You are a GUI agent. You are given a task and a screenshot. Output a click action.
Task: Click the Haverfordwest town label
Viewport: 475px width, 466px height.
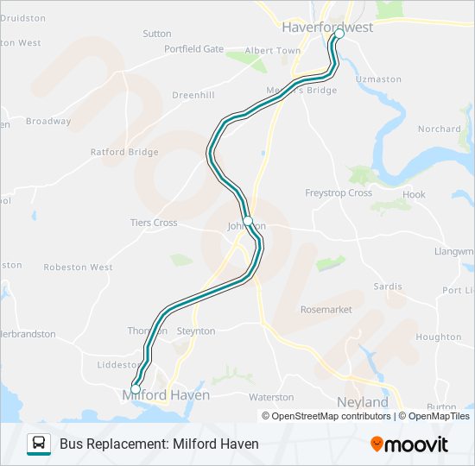click(327, 28)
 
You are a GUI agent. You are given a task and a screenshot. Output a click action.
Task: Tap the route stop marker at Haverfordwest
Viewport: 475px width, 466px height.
click(339, 35)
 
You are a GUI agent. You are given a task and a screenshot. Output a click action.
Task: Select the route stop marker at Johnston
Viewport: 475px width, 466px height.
click(248, 221)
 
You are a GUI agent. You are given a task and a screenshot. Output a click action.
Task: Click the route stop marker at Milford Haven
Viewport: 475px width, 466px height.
click(135, 389)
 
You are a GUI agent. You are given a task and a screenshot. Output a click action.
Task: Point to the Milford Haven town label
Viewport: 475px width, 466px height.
click(166, 395)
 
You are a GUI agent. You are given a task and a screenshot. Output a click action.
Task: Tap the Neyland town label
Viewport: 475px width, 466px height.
click(362, 402)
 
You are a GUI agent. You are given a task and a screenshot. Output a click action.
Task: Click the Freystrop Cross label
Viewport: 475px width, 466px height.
click(339, 193)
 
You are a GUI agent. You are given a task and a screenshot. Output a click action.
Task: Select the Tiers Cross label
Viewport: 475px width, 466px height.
click(154, 223)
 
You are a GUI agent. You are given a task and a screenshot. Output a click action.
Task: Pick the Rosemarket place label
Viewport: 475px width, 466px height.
click(326, 309)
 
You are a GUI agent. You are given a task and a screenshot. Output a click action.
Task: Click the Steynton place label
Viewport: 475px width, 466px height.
click(196, 331)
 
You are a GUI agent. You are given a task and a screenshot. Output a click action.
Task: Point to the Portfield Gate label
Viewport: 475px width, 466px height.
click(193, 49)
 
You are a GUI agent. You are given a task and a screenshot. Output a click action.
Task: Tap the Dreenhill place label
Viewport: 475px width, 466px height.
click(193, 95)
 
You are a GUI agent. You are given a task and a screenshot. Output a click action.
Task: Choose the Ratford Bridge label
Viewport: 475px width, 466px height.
click(124, 152)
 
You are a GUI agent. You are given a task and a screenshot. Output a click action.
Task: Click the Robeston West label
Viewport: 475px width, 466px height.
click(78, 268)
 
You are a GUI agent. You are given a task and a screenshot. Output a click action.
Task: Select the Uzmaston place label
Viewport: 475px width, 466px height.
click(379, 79)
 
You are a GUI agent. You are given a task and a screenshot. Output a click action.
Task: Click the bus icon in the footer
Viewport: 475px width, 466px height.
click(39, 444)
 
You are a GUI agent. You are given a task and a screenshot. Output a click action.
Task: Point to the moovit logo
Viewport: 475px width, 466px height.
click(409, 444)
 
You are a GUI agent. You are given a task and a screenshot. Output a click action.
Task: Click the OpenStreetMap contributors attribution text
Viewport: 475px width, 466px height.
click(330, 416)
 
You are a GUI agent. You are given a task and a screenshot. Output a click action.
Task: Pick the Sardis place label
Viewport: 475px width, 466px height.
click(388, 287)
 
